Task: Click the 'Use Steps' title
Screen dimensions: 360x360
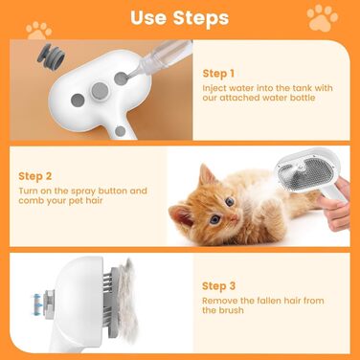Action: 180,17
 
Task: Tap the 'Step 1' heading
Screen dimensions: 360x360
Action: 218,74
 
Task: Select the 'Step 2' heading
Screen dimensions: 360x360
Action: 34,176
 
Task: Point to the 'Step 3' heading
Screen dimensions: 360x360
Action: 218,286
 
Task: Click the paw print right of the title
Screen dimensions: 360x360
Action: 322,17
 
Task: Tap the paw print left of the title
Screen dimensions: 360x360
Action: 39,31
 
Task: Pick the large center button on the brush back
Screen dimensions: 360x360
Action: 100,90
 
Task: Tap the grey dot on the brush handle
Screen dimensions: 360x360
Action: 120,131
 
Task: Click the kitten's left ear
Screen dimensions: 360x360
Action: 207,175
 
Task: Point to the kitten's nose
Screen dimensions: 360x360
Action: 234,217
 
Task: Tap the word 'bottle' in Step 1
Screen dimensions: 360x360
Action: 303,98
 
